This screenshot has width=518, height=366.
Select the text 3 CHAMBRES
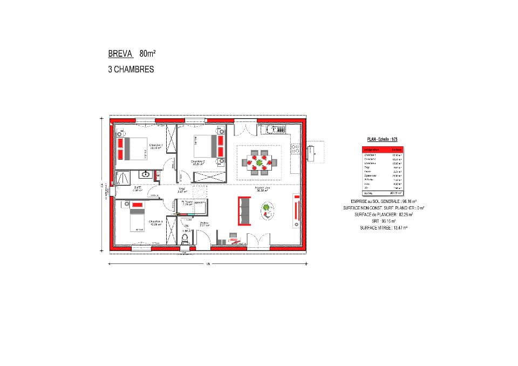(x=131, y=70)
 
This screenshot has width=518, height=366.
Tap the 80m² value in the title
(x=147, y=53)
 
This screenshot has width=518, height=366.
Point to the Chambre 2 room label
(x=199, y=161)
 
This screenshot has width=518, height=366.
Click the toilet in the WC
(x=185, y=238)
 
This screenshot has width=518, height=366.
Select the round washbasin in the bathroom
(x=145, y=174)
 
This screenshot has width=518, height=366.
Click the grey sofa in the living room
(x=244, y=211)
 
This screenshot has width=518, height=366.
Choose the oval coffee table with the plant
(x=268, y=210)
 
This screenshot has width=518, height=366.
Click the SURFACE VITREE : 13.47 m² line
(x=383, y=228)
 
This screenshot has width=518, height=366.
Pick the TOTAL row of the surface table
(x=383, y=193)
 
